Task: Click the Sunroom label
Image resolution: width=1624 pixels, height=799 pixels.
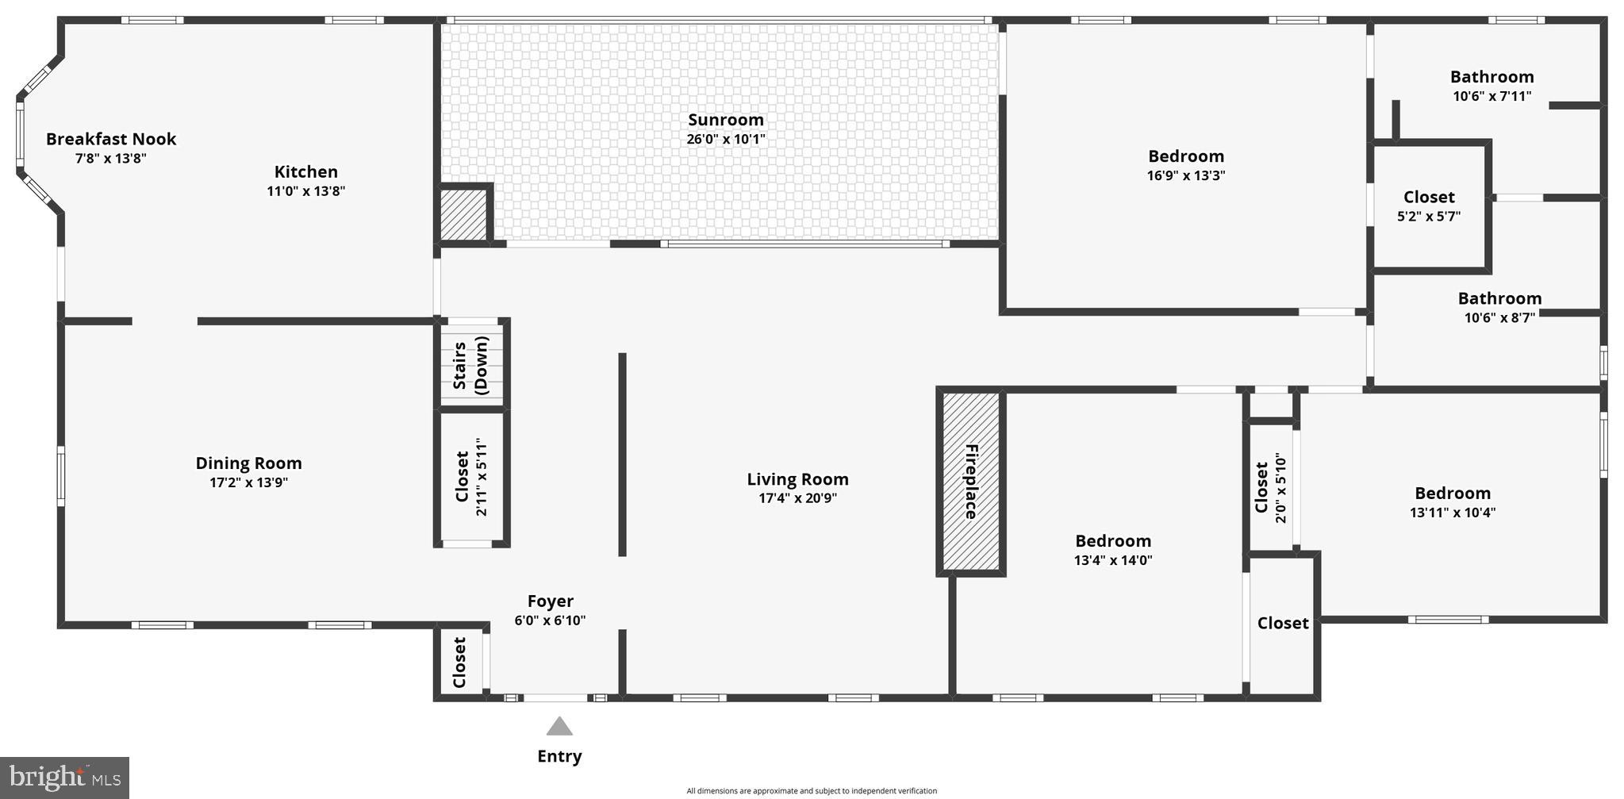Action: tap(725, 120)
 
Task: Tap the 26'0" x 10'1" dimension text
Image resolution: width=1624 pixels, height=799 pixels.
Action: tap(725, 140)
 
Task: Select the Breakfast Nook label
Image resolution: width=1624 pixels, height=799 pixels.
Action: tap(111, 139)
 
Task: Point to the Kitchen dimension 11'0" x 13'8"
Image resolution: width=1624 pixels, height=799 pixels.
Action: tap(305, 191)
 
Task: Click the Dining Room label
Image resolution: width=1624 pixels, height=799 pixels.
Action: tap(248, 463)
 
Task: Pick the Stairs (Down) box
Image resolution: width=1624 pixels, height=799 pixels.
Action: tap(471, 364)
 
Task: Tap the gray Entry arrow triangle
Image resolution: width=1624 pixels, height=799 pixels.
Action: tap(559, 726)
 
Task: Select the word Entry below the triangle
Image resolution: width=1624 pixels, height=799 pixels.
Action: tap(559, 756)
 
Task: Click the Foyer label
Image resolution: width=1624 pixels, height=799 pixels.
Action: tap(550, 601)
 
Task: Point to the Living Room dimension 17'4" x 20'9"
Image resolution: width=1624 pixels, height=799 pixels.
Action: tap(797, 498)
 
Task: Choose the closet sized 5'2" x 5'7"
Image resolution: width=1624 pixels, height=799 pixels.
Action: tap(1429, 206)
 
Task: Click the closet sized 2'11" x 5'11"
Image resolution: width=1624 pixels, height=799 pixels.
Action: tap(471, 478)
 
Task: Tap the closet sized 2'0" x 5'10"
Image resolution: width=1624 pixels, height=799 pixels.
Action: tap(1270, 487)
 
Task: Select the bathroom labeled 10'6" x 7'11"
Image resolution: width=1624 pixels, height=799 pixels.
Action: tap(1492, 86)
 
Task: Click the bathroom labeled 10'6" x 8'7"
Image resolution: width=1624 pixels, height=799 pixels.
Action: tap(1499, 307)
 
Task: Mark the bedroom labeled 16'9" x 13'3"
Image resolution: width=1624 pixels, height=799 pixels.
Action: tap(1186, 165)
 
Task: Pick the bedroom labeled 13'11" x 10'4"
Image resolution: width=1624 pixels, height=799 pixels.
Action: tap(1452, 502)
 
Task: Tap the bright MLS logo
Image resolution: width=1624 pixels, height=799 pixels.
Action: tap(64, 777)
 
